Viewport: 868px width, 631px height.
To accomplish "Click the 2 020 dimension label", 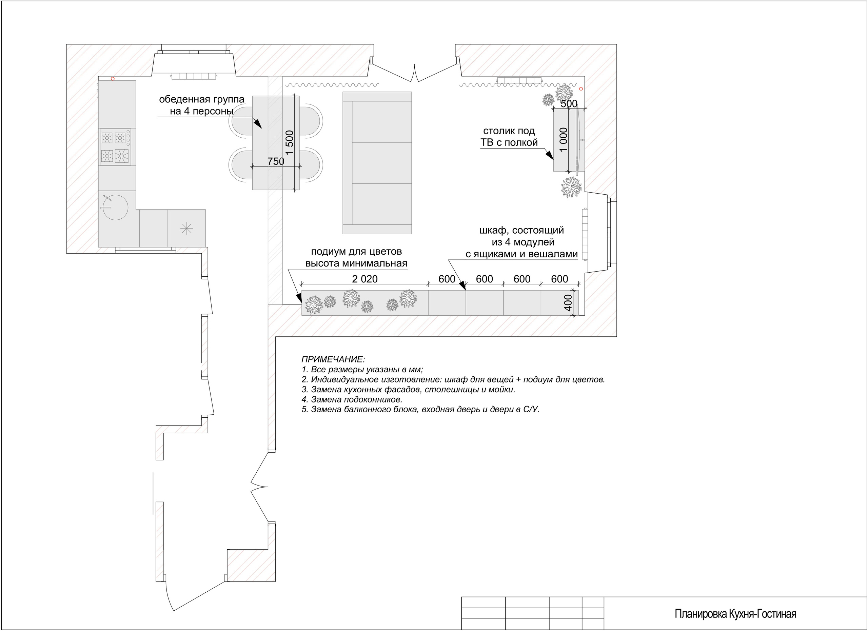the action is pos(365,279).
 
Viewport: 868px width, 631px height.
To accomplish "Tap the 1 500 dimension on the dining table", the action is pos(290,142).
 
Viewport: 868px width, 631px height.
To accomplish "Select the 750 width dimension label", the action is pos(276,161).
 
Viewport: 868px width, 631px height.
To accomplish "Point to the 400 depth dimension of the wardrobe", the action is pos(568,303).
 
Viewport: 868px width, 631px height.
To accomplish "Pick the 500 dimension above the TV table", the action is pos(569,103).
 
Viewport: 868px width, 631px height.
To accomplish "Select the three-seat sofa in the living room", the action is pos(377,163).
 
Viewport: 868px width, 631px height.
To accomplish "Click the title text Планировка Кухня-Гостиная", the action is pos(735,614).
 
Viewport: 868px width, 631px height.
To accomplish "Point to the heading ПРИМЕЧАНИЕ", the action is pos(333,359).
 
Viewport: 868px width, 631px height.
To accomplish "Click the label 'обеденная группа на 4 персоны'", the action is pos(202,105).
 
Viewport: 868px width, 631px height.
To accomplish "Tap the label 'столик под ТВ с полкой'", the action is pos(509,137).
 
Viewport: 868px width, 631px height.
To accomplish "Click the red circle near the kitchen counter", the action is pos(113,79).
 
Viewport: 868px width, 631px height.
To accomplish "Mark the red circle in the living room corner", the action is pos(581,89).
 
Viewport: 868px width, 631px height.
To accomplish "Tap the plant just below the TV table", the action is pos(571,187).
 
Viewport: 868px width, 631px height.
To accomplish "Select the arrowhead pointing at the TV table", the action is pos(550,155).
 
